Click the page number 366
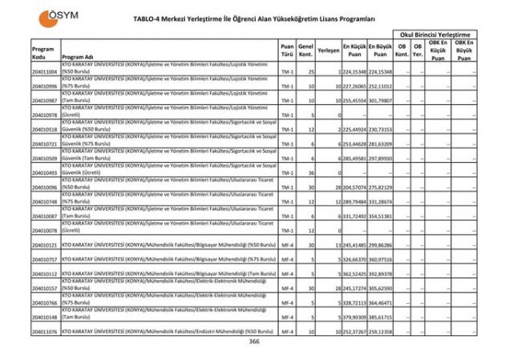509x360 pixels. (x=254, y=342)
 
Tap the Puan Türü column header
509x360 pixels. (x=287, y=52)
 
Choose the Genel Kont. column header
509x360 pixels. (x=306, y=52)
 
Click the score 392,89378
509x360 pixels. (x=381, y=274)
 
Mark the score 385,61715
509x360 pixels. (x=381, y=317)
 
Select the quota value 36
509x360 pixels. (x=309, y=173)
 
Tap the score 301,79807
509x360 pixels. (x=381, y=101)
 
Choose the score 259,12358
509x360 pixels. (x=381, y=331)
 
